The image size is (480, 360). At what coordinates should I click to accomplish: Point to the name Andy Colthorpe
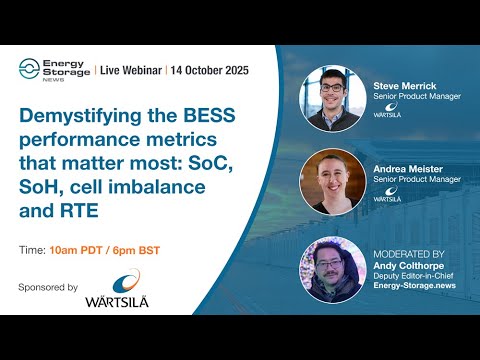click(404, 264)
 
